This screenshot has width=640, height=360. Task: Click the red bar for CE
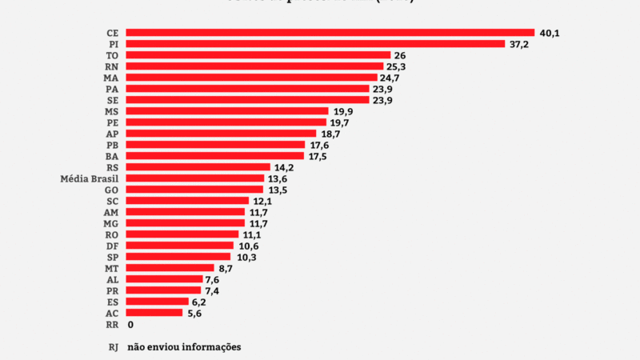tap(330, 33)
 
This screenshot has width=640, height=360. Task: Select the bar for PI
tap(315, 44)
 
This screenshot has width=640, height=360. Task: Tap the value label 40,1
tap(550, 33)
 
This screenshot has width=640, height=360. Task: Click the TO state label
tap(112, 55)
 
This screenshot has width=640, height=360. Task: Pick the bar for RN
tap(254, 66)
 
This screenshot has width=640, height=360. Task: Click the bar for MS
tap(227, 111)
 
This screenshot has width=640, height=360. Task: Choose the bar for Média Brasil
tap(195, 178)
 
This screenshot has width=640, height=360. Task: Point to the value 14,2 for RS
tap(284, 167)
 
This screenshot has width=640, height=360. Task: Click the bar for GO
tap(194, 190)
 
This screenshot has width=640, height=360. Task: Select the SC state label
tap(112, 201)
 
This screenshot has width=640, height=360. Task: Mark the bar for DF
tap(180, 246)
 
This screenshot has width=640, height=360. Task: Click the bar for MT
tap(170, 268)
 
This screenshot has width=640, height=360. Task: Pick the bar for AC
tap(154, 313)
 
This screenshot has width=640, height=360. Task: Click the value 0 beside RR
tap(130, 324)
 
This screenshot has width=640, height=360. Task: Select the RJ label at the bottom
tap(113, 347)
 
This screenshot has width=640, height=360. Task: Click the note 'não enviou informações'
tap(184, 347)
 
